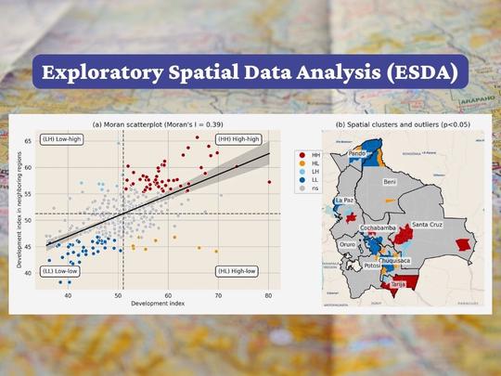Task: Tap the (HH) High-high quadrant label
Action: coord(238,138)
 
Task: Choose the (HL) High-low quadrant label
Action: coord(238,271)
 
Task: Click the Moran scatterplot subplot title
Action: coord(158,124)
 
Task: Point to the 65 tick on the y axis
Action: coord(29,141)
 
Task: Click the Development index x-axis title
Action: coord(156,304)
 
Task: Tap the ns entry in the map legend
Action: coord(315,188)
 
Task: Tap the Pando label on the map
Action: coord(357,152)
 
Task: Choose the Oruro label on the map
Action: coord(348,245)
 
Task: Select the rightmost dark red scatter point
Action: coord(269,183)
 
